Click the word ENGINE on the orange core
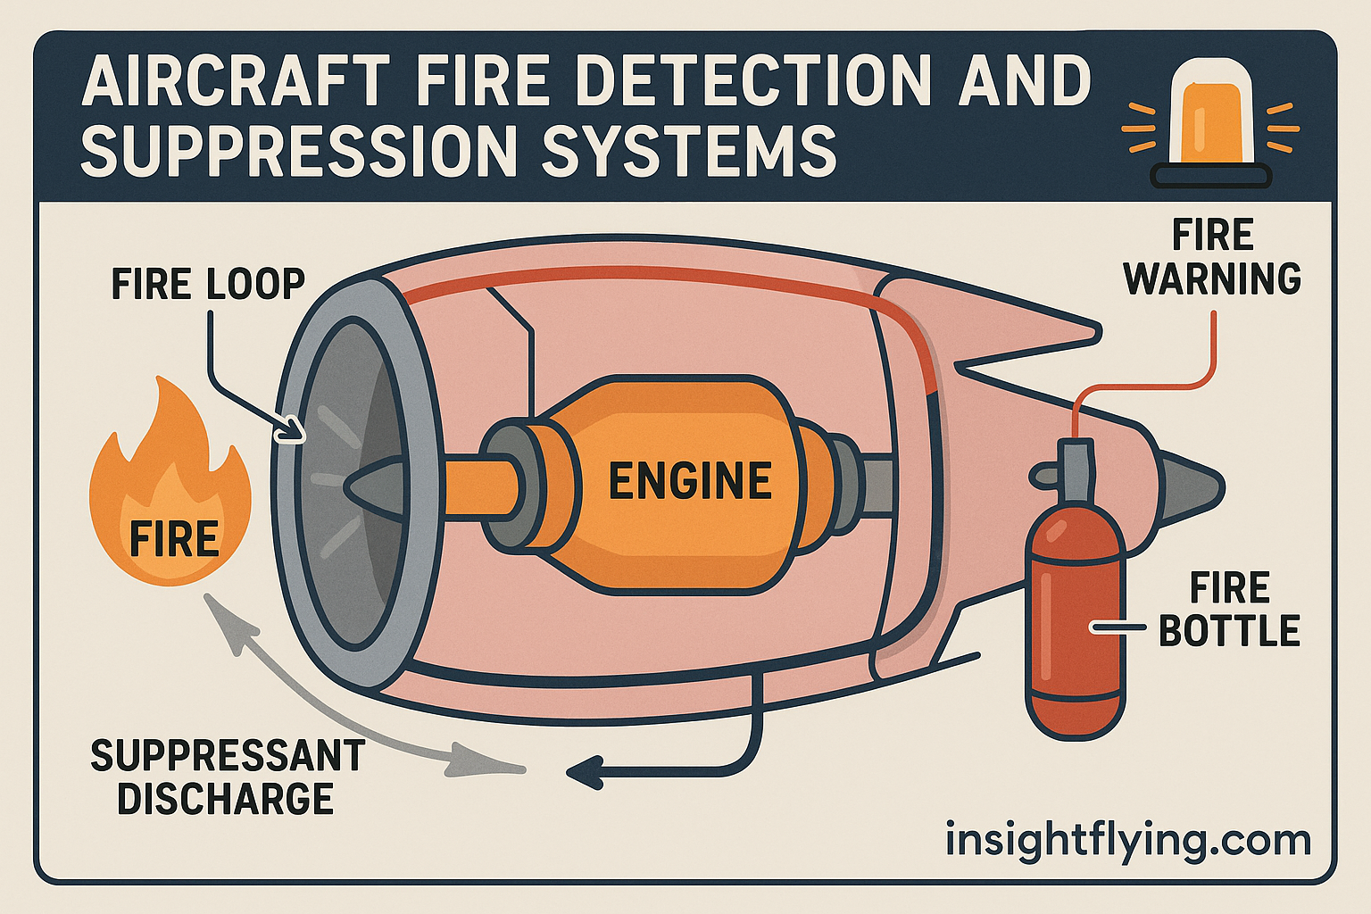pos(689,481)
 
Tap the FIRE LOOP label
pos(208,285)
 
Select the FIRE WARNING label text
pos(1212,257)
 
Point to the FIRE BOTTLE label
pos(1228,610)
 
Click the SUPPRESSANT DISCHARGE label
pos(227,777)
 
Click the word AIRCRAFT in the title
pos(235,81)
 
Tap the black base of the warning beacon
pos(1211,176)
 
